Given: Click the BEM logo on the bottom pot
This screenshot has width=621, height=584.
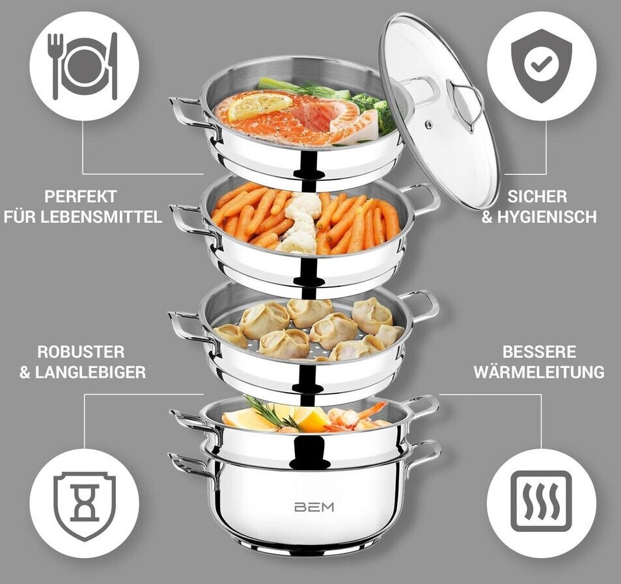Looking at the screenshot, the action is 314,507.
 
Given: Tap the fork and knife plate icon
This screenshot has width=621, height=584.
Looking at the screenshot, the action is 85,66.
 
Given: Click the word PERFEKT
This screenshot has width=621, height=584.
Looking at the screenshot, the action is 81,196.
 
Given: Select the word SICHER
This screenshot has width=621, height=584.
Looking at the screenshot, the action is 538,196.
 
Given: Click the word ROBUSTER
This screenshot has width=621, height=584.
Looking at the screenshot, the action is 81,352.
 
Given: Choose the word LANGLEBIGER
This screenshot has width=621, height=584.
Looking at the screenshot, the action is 90,373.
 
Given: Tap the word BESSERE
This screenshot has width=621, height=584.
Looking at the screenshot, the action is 539,352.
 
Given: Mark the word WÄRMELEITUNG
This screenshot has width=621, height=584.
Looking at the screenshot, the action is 539,372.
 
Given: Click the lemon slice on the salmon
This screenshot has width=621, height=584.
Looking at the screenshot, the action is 260,105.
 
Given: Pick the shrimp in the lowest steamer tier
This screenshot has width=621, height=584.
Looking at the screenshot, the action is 357,417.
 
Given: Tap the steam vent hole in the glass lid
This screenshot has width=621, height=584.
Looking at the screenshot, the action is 428,125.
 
